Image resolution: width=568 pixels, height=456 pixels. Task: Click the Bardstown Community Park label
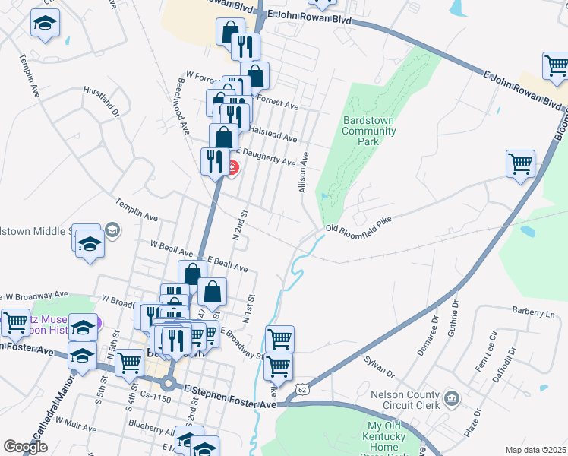pyautogui.click(x=370, y=131)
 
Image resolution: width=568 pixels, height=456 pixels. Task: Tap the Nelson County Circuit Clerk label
pyautogui.click(x=405, y=400)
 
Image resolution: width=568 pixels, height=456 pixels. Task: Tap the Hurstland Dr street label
pyautogui.click(x=103, y=101)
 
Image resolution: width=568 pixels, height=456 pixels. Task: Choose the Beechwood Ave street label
pyautogui.click(x=182, y=106)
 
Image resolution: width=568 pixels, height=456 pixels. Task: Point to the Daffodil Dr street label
pyautogui.click(x=510, y=362)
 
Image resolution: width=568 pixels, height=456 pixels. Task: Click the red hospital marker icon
pyautogui.click(x=232, y=167)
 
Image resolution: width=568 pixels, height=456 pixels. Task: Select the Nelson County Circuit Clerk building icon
pyautogui.click(x=451, y=397)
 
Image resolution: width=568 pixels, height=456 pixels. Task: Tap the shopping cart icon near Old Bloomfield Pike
pyautogui.click(x=520, y=163)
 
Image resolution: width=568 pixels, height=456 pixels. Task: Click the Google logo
pyautogui.click(x=25, y=447)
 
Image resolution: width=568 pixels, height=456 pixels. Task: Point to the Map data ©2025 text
pyautogui.click(x=535, y=450)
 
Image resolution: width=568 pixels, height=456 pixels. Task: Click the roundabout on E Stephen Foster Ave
pyautogui.click(x=169, y=382)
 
